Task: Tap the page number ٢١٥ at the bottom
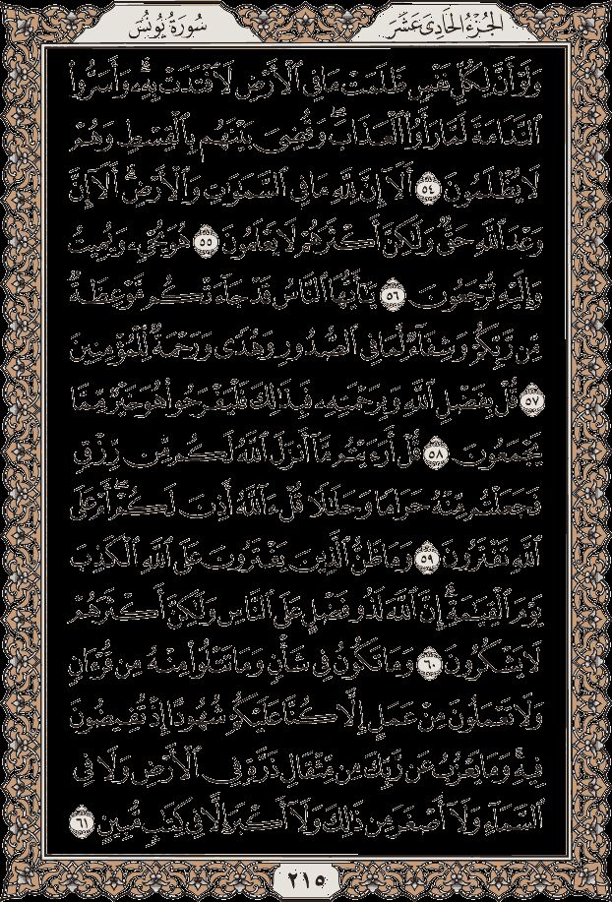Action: pos(306,874)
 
